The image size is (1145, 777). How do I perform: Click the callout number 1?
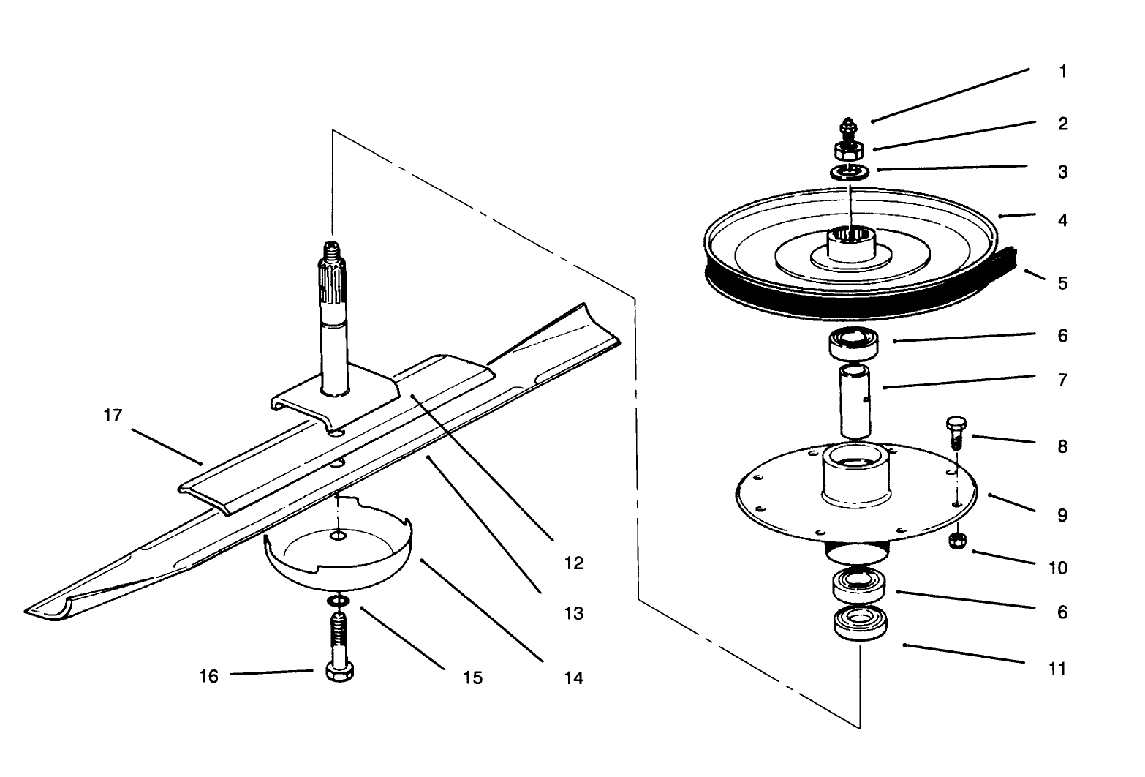(1062, 71)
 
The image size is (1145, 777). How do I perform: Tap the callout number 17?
(113, 416)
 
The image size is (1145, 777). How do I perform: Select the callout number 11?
(1057, 668)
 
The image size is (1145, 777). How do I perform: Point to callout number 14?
(574, 678)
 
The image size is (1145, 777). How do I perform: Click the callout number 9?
(1062, 515)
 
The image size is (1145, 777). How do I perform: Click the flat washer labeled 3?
(849, 172)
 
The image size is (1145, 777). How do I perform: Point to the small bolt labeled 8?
(956, 432)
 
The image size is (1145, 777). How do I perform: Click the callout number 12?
(574, 563)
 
